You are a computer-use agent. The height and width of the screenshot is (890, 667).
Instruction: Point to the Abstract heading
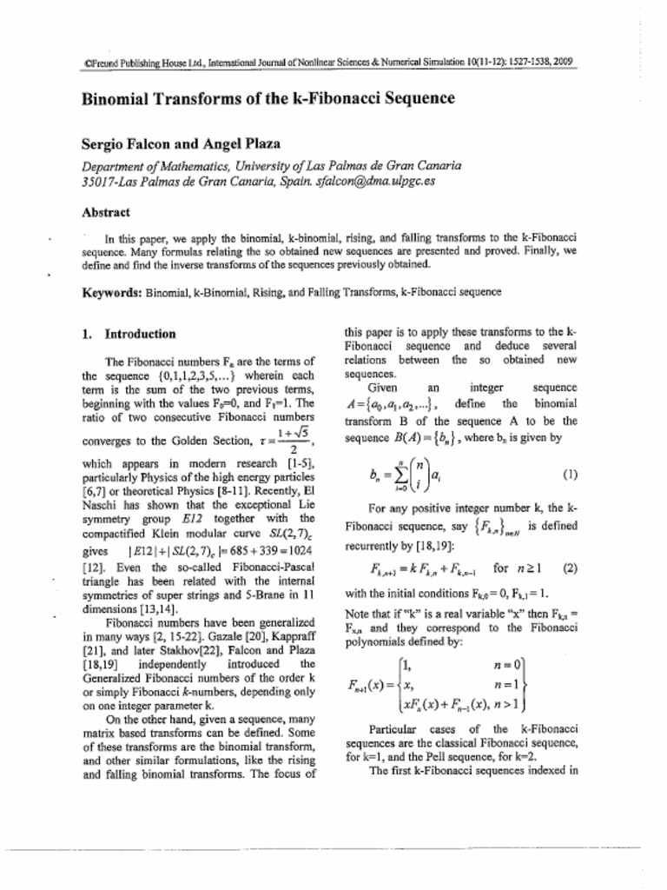point(106,212)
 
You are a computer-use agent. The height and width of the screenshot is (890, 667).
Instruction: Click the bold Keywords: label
point(112,292)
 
